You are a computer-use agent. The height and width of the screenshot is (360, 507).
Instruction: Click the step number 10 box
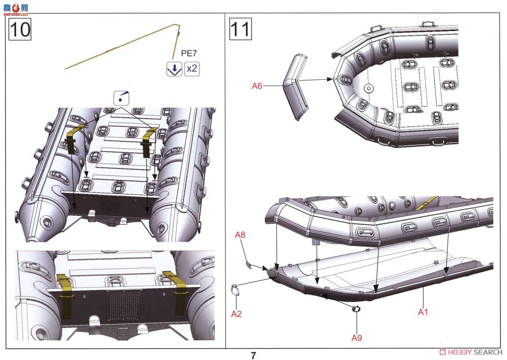tap(20, 29)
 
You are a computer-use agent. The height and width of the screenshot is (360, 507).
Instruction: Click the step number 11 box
tap(240, 29)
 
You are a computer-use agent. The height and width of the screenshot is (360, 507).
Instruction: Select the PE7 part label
tap(189, 53)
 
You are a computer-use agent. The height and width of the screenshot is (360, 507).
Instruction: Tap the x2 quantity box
tap(192, 68)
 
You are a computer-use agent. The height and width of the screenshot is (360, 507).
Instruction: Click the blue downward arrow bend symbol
tap(174, 69)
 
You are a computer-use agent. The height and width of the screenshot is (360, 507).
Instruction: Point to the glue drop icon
tap(122, 98)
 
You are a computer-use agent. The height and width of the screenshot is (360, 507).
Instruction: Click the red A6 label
tap(257, 86)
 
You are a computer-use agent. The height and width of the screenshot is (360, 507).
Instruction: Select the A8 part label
tap(240, 246)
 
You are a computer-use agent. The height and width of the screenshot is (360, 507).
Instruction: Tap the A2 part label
tap(236, 314)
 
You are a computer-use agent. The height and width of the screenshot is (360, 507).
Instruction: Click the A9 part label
tap(357, 338)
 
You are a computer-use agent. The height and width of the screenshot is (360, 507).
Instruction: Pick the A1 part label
tap(423, 312)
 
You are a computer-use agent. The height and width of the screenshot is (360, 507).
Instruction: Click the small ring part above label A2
tap(235, 291)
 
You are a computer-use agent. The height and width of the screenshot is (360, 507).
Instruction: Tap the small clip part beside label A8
tap(249, 265)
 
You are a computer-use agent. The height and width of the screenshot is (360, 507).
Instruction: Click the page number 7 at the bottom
tap(253, 355)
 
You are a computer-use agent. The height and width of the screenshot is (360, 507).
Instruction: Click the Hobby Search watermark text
tap(473, 352)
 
